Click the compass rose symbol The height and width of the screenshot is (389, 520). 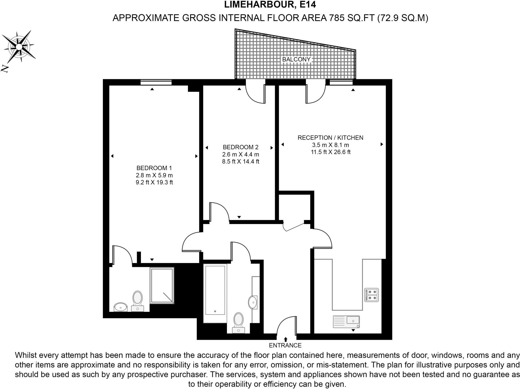coord(19,47)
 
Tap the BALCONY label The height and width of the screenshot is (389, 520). coord(296,59)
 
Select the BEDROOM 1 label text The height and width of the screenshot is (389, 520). coord(154,168)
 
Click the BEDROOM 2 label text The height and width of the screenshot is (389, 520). coord(240,147)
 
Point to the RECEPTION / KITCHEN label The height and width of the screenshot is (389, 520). coord(330,138)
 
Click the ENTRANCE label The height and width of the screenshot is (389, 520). coord(285,345)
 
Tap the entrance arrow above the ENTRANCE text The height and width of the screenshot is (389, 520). coord(286,339)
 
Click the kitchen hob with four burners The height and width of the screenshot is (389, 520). coord(371,295)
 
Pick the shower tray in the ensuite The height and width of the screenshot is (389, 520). coord(162,285)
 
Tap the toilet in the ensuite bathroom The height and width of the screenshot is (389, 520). coord(137,301)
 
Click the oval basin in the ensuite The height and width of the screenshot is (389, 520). coord(121,307)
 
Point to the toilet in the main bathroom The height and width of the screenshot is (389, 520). coord(238,322)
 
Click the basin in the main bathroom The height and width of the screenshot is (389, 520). coord(253,302)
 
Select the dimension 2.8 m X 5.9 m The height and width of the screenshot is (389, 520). coord(154,175)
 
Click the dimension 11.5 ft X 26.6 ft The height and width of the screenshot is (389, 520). coord(331,152)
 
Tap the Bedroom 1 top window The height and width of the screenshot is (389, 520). coord(156,83)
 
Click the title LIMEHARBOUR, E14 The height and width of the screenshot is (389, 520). coord(270,5)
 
